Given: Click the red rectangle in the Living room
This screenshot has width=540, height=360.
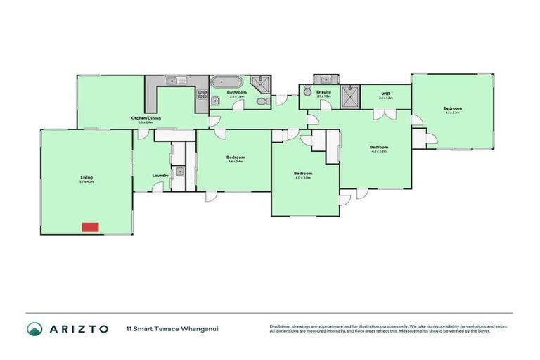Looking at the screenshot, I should pos(90,226).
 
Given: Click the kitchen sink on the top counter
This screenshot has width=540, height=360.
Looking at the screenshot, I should pos(176,81).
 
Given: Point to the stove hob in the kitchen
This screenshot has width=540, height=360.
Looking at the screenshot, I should pos(202,96).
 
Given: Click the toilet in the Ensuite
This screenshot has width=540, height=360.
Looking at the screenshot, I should pos(307,91).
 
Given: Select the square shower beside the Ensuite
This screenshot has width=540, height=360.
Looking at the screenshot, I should pos(349,96).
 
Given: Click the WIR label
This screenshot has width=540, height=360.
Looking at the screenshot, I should pos(385,94).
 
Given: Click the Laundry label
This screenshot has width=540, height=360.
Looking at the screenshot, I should pos(160,175).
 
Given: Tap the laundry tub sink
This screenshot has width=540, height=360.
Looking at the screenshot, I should pos(180,171).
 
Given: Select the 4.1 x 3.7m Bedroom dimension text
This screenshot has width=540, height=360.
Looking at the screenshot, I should pos(451,112).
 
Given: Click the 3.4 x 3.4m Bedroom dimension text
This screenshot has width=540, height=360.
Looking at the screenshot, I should pos(236,162).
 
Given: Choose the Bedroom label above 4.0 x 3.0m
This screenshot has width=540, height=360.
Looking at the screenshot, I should pos(302,173).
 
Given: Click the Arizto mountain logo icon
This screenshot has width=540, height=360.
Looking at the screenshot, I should pos(34,328).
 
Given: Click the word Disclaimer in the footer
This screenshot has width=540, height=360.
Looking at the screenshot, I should pos(282,326).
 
